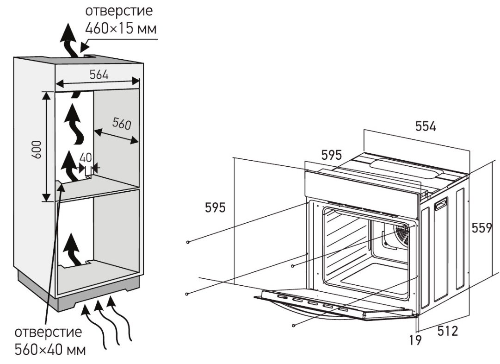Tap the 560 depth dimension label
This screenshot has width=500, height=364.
pos(122,124)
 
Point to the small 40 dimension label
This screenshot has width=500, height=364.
pos(85,157)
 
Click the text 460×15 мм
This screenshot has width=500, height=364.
pos(121,29)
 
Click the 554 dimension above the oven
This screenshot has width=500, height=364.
pos(425,126)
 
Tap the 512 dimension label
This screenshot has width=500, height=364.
pos(447,331)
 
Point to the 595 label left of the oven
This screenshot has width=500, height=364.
pos(216,208)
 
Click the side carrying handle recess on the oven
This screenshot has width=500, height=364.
pos(441,204)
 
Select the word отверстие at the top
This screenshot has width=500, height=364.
pos(121,10)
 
